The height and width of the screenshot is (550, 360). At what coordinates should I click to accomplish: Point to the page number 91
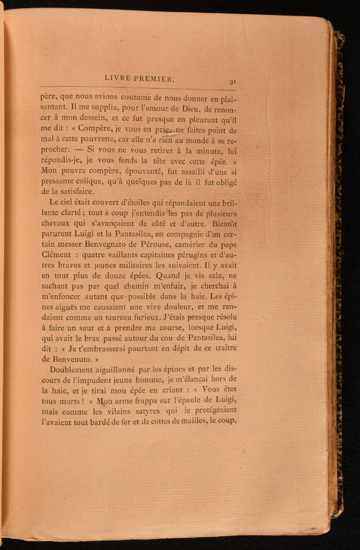pyautogui.click(x=233, y=82)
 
